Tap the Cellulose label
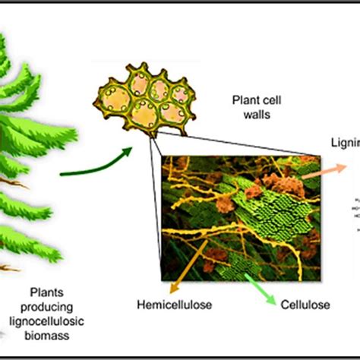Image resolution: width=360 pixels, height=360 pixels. click(x=303, y=305)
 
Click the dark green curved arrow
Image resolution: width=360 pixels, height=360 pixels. click(x=99, y=163)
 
